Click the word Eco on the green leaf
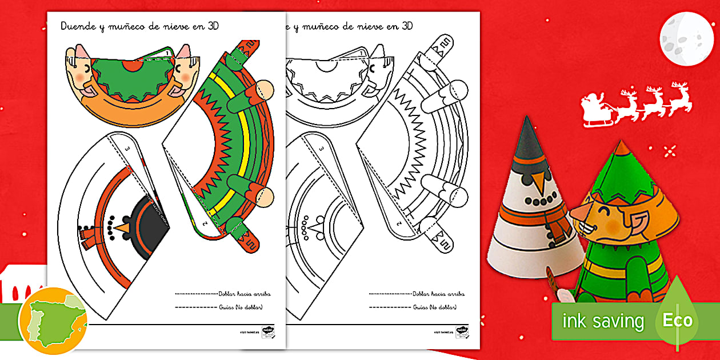[678, 319]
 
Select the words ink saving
[603, 321]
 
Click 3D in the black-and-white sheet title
[407, 26]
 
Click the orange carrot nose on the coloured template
[122, 229]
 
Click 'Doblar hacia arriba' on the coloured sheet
[245, 294]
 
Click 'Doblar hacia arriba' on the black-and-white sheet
[439, 294]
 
